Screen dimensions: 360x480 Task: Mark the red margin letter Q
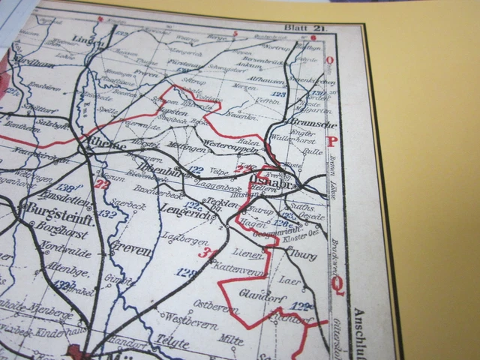[x=339, y=283]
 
